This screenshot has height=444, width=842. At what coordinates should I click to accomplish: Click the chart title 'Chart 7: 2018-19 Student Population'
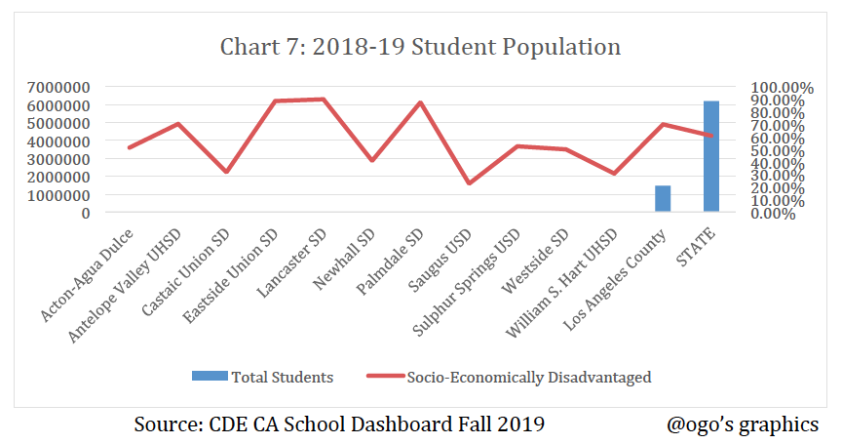pos(420,47)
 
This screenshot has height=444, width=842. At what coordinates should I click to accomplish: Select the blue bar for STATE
pos(711,156)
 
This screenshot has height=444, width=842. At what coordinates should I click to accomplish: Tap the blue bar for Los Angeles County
pos(663,198)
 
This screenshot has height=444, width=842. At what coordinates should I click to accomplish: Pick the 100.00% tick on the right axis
pos(776,87)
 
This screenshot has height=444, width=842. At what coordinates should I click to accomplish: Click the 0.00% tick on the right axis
pos(776,213)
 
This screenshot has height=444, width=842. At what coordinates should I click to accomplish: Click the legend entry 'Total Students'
pos(262,376)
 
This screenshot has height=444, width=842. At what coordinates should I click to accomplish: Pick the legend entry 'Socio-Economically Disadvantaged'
pos(508,376)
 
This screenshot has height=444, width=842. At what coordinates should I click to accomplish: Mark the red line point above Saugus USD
pos(469,183)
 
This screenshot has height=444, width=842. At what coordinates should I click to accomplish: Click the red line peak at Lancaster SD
pos(323,99)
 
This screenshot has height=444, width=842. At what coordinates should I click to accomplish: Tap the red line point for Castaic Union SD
pos(226,172)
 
